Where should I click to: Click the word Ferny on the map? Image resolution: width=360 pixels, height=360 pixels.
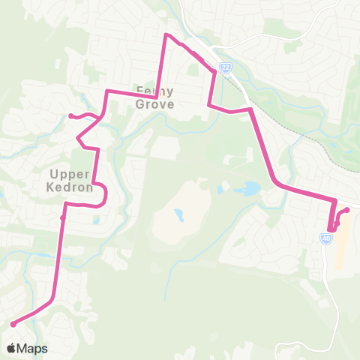point(154,91)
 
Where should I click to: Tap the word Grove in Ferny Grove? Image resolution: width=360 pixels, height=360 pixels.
point(155,104)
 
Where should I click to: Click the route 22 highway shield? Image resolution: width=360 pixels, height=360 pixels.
point(225,68)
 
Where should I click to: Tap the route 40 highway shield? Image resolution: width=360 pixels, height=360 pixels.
point(325,238)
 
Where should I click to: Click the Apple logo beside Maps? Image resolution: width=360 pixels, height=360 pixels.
point(11,349)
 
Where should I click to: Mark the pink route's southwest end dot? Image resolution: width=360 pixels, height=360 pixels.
point(13,324)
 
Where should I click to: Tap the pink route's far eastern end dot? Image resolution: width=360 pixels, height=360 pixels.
point(347,209)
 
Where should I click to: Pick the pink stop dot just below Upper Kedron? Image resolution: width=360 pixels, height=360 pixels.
point(62,218)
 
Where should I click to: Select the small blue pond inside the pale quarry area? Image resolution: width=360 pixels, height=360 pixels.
point(179,215)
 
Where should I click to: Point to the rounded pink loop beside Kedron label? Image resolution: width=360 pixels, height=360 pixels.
point(104,194)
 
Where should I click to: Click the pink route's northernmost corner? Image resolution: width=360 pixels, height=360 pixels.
point(166,34)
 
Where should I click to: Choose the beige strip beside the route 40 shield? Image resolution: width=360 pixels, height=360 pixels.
point(340,244)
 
